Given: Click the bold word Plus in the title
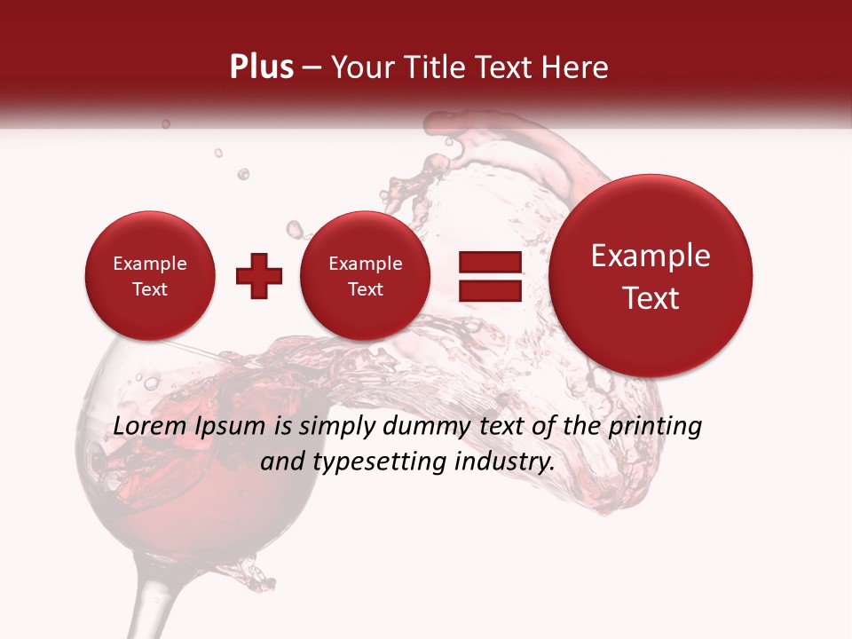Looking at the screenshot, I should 261,67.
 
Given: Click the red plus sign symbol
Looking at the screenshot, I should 258,276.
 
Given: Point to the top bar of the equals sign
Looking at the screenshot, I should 490,262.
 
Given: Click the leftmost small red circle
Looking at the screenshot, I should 149,276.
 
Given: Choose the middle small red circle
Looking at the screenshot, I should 365,276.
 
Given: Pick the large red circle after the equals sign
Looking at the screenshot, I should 651,275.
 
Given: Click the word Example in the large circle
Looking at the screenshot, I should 651,256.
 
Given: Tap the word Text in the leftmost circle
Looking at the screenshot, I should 149,289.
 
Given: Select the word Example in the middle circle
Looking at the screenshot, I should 365,264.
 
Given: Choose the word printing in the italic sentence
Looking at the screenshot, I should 655,427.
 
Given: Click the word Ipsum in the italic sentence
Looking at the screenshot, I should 228,427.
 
